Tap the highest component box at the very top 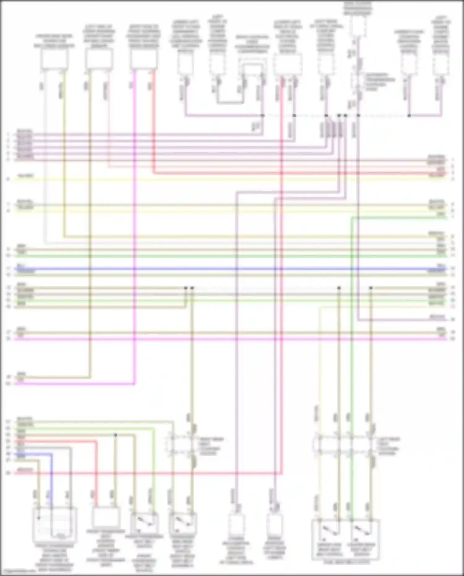(x=358, y=25)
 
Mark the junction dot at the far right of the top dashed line (x=409, y=115)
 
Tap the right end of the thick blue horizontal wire (x=446, y=269)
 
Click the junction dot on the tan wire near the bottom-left (x=115, y=435)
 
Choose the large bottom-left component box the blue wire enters (x=54, y=523)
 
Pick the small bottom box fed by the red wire (x=105, y=517)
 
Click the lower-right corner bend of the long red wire (x=281, y=473)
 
